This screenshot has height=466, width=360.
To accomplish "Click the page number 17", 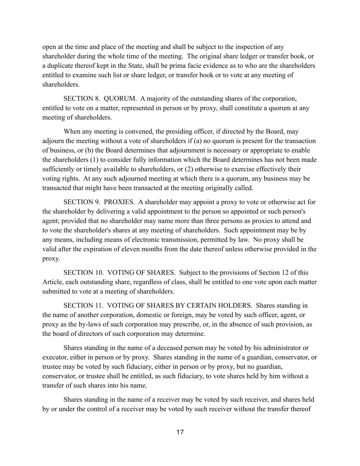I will click(180, 432).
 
